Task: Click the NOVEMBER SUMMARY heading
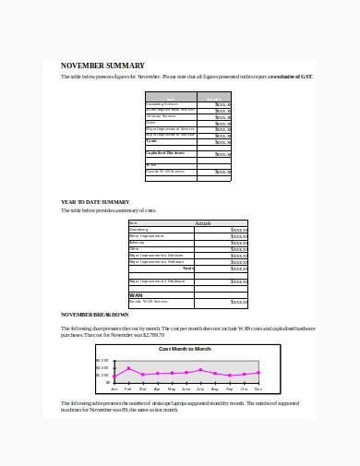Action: pos(102,66)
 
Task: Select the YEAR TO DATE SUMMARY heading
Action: pos(95,201)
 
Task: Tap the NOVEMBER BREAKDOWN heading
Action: pos(95,315)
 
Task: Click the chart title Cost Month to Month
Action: pos(185,349)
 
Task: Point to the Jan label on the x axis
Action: pos(114,388)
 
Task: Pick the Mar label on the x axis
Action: pos(143,388)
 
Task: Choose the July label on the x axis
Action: pos(200,388)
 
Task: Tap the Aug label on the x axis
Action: pos(215,388)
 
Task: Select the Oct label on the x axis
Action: pos(244,388)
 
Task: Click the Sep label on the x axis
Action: pos(230,388)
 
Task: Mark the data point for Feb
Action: pos(128,369)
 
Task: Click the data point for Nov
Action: pos(258,373)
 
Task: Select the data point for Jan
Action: pos(114,377)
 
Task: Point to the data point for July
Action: pos(200,371)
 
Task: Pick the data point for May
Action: pos(172,373)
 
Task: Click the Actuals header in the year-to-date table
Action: pos(204,223)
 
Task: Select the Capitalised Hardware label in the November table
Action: pos(165,152)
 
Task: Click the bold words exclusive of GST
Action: pos(293,78)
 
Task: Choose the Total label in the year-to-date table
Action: pos(188,267)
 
